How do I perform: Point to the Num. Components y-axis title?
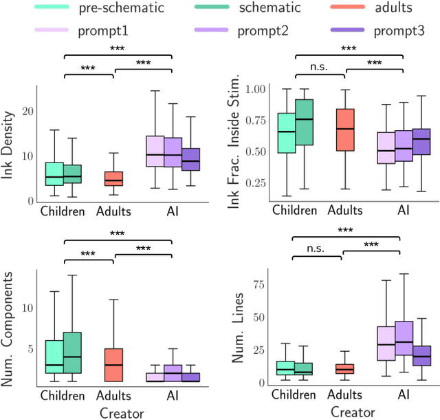point(9,326)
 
